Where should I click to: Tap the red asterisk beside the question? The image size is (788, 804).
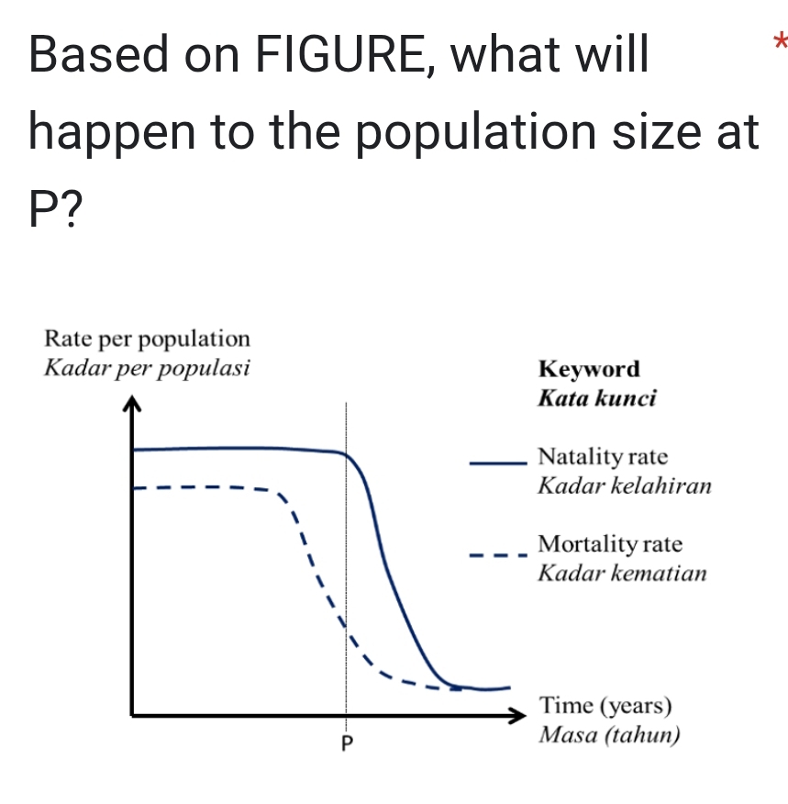[x=781, y=41]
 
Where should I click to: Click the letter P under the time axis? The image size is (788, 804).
[x=347, y=743]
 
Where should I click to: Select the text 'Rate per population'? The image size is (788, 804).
[x=147, y=340]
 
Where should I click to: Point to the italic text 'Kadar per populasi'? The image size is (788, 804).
[x=147, y=368]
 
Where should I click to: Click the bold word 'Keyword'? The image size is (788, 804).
[x=589, y=369]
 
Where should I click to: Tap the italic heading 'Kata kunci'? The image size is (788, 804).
[x=597, y=398]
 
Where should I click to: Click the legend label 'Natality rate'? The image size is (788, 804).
[x=603, y=456]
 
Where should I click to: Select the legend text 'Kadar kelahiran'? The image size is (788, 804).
[x=625, y=486]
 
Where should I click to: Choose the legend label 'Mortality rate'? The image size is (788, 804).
[x=610, y=543]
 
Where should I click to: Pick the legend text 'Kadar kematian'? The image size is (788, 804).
[x=623, y=573]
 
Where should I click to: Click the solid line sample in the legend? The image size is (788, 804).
[x=498, y=463]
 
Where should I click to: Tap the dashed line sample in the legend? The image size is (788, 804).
[x=498, y=555]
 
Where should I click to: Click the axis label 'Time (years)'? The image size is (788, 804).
[x=605, y=706]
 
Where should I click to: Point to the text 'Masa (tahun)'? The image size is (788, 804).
[x=609, y=735]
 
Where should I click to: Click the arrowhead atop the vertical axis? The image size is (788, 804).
[x=132, y=403]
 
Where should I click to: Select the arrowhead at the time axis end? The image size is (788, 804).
[x=517, y=715]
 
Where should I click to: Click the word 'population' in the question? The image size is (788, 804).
[x=475, y=133]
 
